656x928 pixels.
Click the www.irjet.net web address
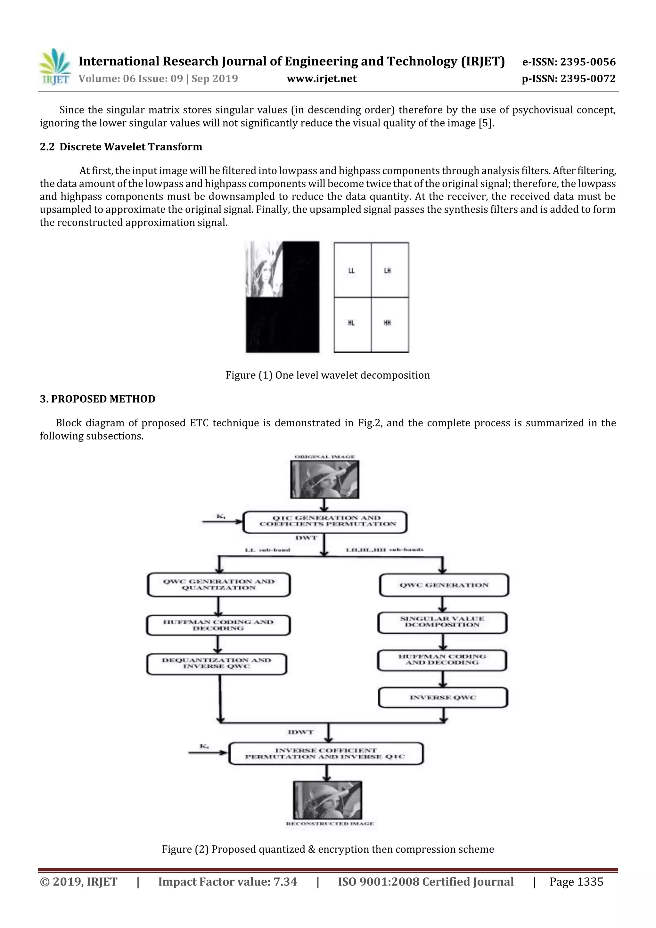pos(321,78)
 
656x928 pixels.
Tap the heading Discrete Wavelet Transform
pos(131,147)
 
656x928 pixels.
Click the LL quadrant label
pos(351,270)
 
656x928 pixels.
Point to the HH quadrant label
pos(387,323)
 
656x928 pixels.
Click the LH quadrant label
pos(387,270)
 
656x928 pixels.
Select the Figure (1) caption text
pos(327,375)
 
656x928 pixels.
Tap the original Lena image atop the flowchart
pos(324,479)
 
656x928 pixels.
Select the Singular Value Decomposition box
pos(442,622)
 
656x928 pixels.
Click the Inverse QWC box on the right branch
pos(443,697)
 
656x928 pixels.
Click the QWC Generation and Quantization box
pos(219,585)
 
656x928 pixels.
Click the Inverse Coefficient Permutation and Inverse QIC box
pos(326,753)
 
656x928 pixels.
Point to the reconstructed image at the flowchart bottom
pos(327,800)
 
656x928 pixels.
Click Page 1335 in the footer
pos(576,882)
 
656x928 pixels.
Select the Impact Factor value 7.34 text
pos(227,882)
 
